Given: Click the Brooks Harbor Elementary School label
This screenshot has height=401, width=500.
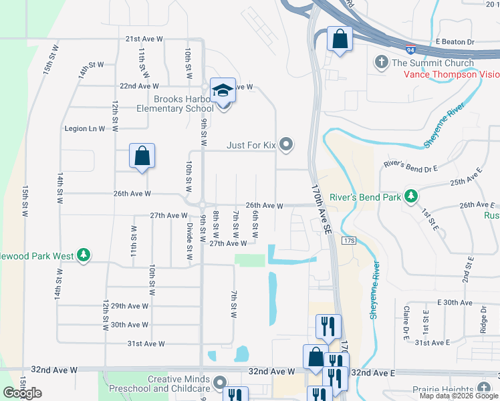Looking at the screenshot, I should click(x=175, y=104).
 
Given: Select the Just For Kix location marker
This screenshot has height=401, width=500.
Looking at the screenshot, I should click(x=287, y=144).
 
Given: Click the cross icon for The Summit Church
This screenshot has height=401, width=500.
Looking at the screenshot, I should click(x=382, y=63).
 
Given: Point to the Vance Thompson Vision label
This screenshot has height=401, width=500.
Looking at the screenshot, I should click(x=451, y=74).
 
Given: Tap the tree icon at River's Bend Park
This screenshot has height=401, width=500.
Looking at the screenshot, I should click(x=412, y=196).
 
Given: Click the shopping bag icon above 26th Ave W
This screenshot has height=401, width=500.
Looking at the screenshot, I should click(x=142, y=156).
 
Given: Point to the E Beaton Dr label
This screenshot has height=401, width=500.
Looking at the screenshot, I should click(x=455, y=41).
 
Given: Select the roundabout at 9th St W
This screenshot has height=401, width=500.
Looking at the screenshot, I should click(x=202, y=205).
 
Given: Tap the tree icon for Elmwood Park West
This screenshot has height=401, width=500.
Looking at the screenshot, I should click(x=83, y=255).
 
